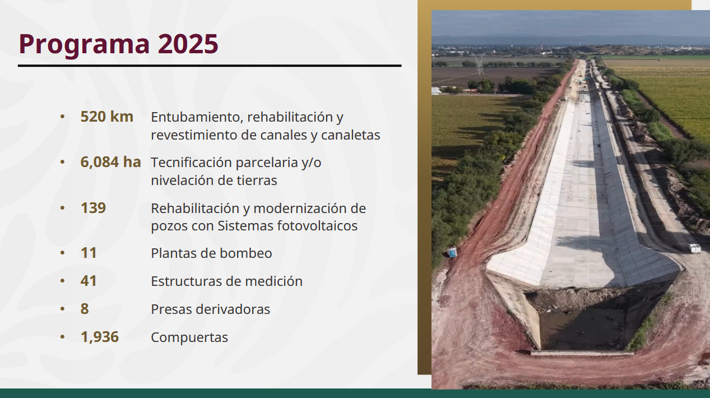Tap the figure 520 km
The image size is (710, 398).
click(x=107, y=117)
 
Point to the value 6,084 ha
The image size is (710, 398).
click(x=111, y=162)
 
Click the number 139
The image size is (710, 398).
click(x=93, y=208)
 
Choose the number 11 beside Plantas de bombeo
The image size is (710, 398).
click(x=89, y=253)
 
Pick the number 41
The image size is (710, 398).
click(x=89, y=281)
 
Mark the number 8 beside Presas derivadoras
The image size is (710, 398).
click(x=85, y=309)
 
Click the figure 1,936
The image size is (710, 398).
click(x=100, y=337)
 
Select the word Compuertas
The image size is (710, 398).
click(x=189, y=337)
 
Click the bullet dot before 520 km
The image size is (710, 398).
click(x=62, y=117)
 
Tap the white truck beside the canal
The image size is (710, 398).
click(x=694, y=248)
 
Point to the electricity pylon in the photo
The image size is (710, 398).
click(x=480, y=64)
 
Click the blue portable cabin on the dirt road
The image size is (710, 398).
click(x=452, y=252)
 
